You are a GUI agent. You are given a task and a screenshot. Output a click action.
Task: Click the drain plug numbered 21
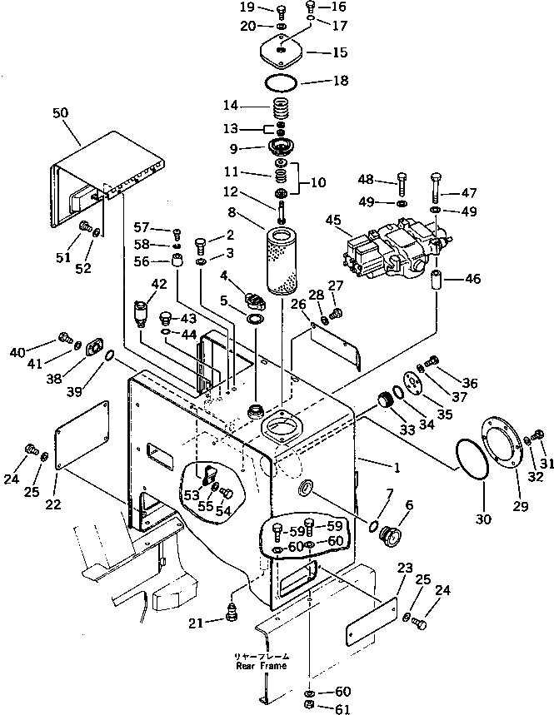pyautogui.click(x=233, y=616)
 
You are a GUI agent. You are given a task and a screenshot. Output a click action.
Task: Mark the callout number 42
pyautogui.click(x=157, y=284)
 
